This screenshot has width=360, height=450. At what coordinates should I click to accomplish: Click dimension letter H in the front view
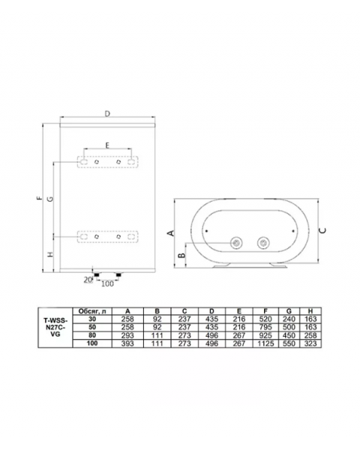[50, 255]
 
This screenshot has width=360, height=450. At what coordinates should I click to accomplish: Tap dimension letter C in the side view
[323, 231]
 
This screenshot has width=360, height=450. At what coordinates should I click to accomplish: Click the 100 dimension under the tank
[107, 283]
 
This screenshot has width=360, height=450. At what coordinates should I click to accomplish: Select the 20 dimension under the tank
[86, 280]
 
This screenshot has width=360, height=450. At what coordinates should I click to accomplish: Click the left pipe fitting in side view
[237, 243]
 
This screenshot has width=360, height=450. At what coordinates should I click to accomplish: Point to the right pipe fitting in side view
[262, 243]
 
